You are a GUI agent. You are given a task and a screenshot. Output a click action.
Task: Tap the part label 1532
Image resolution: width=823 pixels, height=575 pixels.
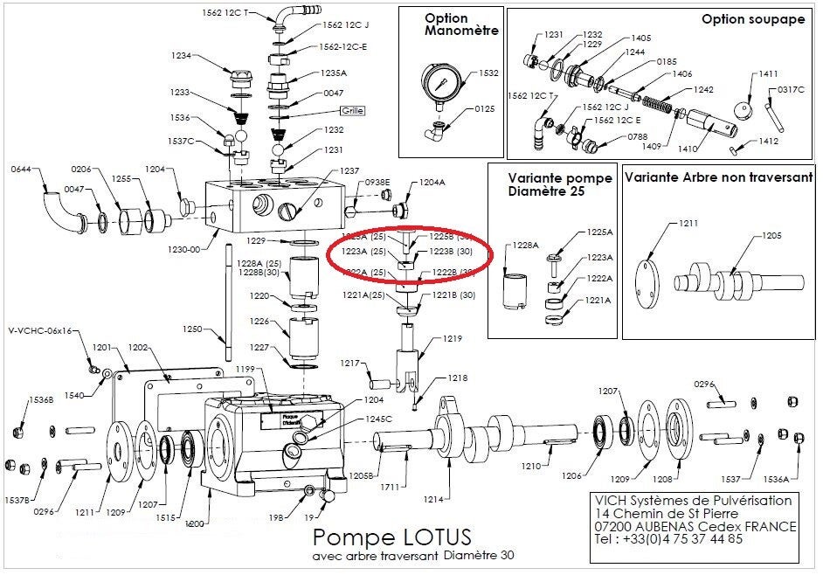click(490, 73)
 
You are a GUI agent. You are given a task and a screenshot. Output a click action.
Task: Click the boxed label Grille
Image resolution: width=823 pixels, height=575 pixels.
click(353, 110)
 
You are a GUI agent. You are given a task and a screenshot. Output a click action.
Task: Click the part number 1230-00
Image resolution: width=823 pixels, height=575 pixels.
click(185, 248)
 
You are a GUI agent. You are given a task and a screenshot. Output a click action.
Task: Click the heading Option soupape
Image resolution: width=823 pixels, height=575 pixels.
click(753, 19)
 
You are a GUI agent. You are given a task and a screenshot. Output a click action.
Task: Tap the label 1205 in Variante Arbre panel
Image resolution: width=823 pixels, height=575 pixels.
click(771, 235)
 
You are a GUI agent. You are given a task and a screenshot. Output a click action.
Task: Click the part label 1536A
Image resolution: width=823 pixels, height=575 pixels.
click(777, 479)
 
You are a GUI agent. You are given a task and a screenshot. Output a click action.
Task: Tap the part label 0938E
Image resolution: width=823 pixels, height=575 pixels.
click(377, 182)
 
